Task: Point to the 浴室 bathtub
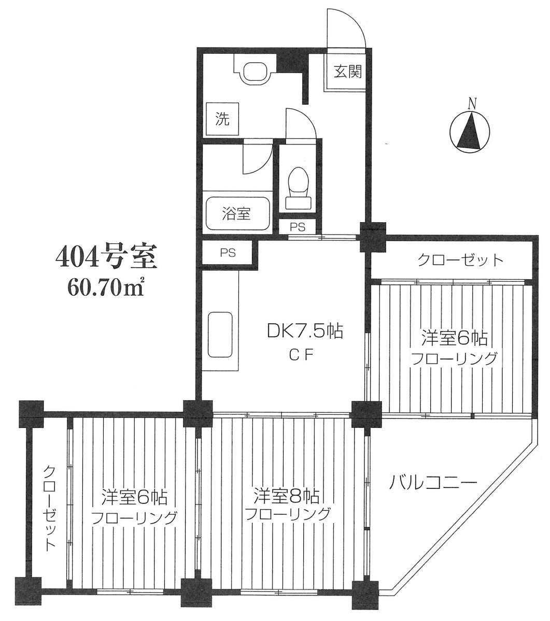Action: point(237,213)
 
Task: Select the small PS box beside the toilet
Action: point(297,226)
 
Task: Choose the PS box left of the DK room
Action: point(228,253)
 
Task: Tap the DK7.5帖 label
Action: point(305,331)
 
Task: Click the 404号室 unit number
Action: point(106,257)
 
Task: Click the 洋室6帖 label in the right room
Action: point(454,338)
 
